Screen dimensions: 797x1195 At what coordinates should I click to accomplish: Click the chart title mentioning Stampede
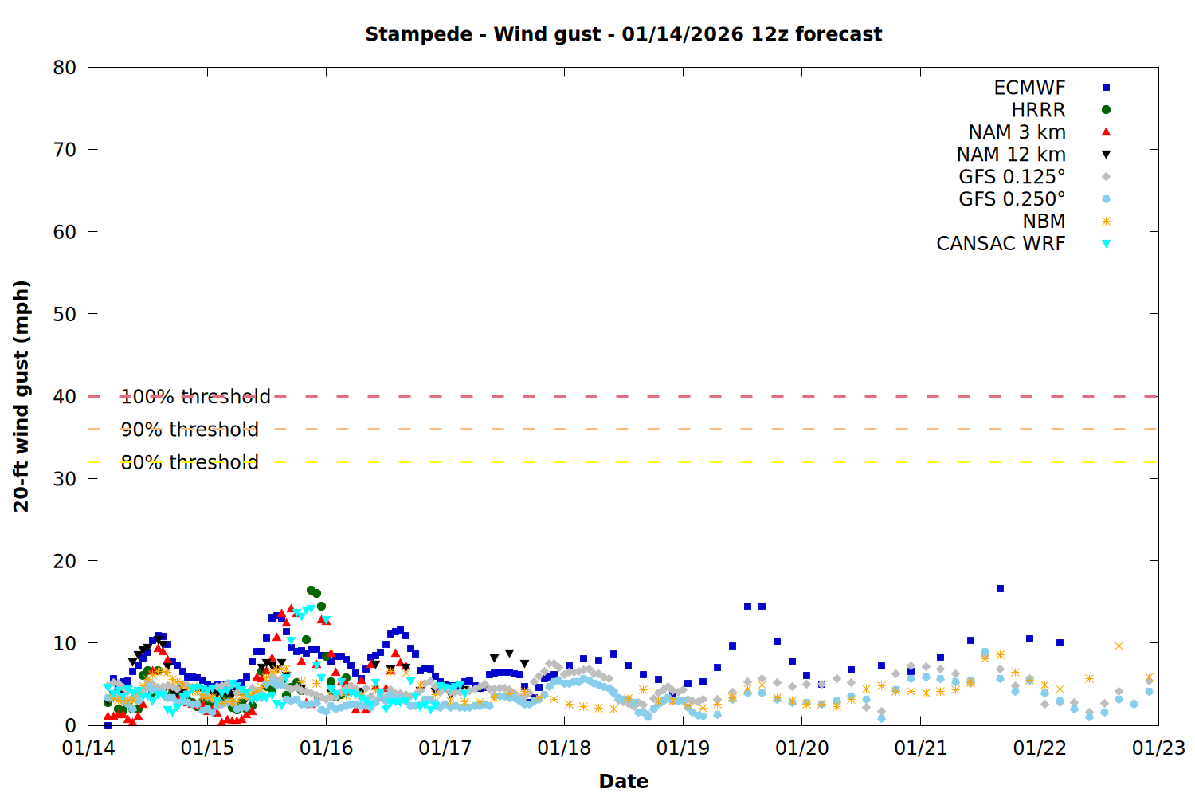point(623,34)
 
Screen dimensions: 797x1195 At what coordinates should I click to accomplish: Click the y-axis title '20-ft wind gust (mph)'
point(22,396)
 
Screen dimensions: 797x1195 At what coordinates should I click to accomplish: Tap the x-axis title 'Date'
point(623,781)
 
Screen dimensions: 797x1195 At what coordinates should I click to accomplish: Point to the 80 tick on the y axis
point(65,68)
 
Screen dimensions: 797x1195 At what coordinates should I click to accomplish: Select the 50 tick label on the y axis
point(65,314)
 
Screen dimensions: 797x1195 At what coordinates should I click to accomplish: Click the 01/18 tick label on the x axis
point(564,748)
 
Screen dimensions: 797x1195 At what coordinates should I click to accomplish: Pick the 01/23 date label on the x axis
point(1158,748)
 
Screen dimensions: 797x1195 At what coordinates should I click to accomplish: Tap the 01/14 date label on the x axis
point(88,748)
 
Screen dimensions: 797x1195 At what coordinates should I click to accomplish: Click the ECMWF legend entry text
point(1029,88)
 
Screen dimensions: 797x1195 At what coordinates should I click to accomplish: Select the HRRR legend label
point(1038,110)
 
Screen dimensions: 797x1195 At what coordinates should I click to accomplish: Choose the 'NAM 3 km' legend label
point(1017,132)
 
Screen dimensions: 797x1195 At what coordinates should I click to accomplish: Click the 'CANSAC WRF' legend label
point(1001,244)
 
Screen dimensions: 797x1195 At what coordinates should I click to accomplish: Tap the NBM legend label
point(1044,222)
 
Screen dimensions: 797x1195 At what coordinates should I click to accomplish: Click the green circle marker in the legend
point(1106,110)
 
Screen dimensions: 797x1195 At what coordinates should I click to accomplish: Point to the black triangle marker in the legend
point(1106,155)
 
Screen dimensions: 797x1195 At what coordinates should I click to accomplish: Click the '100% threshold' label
point(195,397)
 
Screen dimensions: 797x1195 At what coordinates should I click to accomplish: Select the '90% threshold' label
point(190,430)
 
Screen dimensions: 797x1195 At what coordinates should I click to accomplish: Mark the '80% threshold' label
point(190,462)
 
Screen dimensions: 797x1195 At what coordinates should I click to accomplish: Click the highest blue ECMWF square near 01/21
point(1000,589)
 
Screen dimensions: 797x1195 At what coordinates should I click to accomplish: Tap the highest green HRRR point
point(311,591)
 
